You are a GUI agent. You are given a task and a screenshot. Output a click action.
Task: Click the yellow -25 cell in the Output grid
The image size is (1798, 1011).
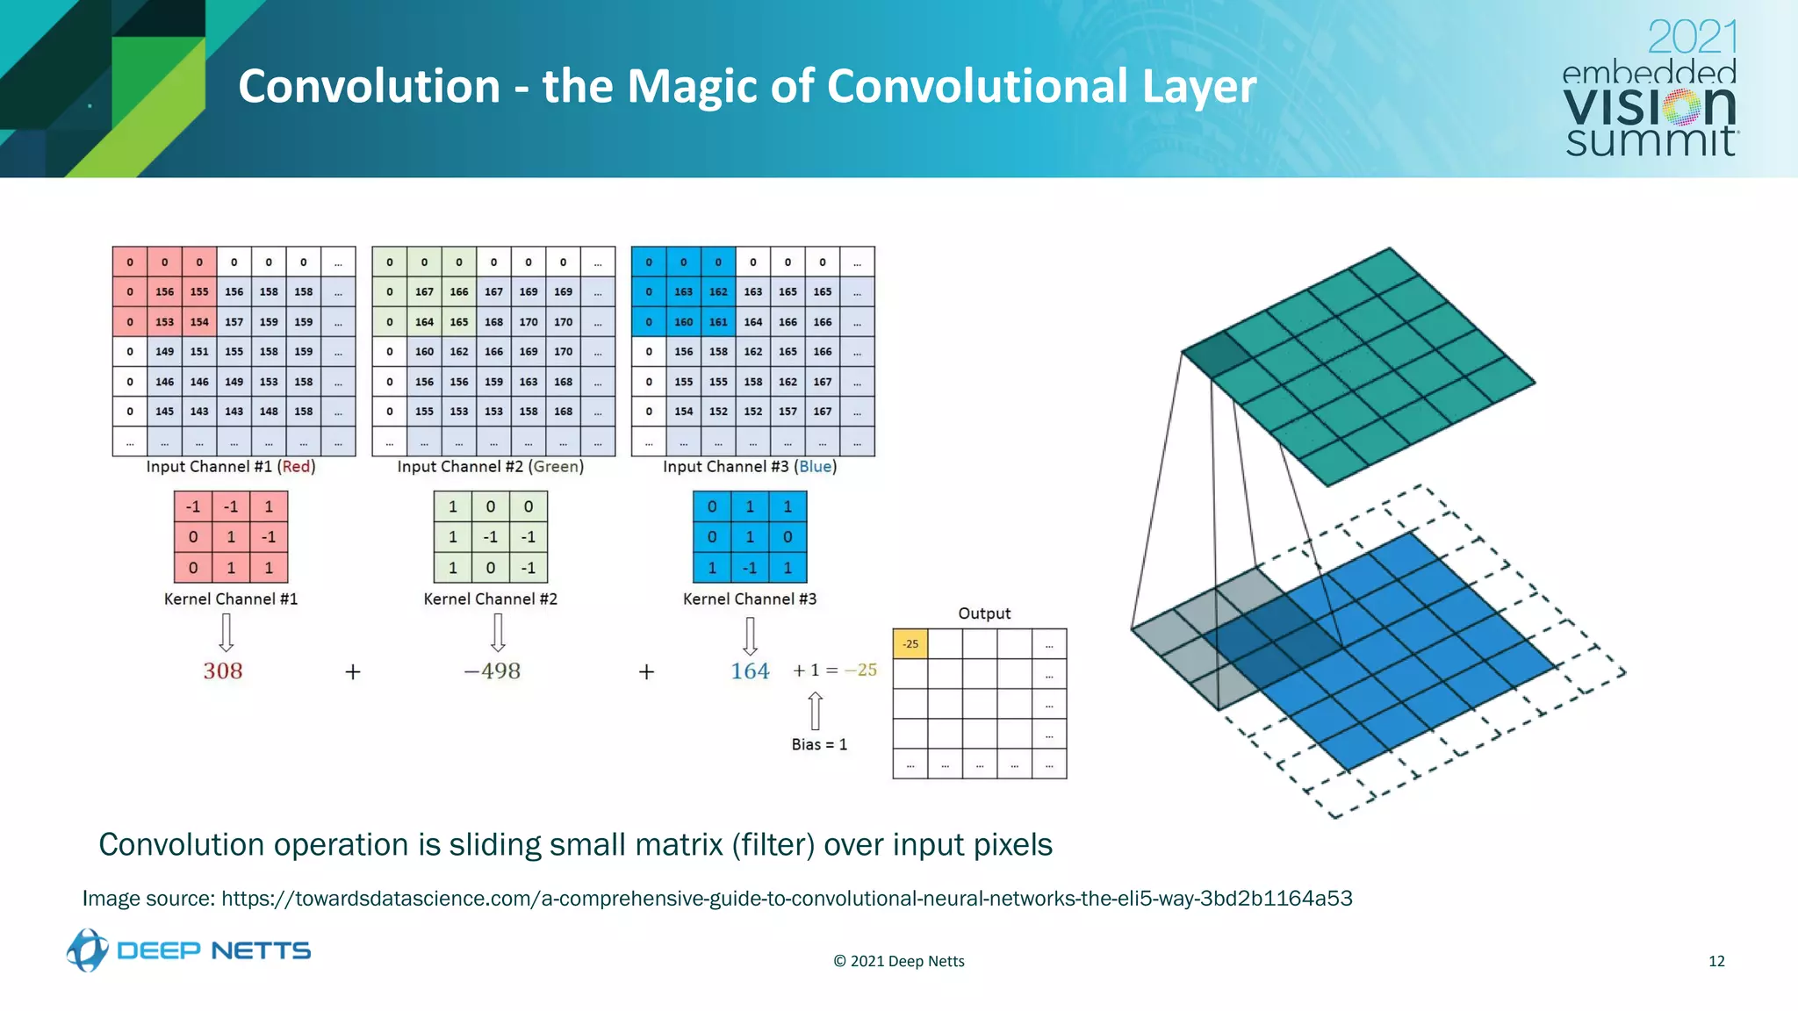[x=910, y=644]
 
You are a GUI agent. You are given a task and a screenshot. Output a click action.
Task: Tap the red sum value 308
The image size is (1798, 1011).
[x=223, y=671]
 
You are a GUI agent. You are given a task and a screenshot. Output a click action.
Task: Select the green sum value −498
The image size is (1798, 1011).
[x=493, y=671]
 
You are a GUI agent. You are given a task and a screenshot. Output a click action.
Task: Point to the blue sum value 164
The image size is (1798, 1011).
[x=750, y=671]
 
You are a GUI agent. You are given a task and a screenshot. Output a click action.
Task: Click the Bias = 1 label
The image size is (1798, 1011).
[x=819, y=744]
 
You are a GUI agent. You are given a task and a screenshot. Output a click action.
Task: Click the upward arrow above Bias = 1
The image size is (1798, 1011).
[x=816, y=710]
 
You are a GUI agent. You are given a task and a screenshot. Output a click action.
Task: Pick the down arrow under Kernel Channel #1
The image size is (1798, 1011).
[x=227, y=632]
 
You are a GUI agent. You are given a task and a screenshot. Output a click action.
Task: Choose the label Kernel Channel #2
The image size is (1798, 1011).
[x=490, y=599]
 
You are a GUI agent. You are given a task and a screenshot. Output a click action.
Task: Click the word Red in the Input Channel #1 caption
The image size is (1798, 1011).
[x=296, y=467]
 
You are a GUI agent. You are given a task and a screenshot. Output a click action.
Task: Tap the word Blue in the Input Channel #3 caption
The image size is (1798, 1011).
[x=816, y=467]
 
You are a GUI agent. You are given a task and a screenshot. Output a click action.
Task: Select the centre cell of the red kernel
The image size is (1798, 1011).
[x=231, y=537]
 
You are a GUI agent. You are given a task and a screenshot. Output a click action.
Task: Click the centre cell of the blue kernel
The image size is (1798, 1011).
[x=750, y=537]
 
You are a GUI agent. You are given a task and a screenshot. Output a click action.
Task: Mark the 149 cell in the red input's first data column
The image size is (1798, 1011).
[x=164, y=352]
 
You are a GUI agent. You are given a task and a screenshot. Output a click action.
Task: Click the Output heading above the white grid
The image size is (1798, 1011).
[x=984, y=613]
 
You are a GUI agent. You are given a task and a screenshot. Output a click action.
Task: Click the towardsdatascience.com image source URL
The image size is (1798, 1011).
[x=787, y=899]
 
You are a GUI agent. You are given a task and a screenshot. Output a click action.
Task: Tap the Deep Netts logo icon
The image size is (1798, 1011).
[x=88, y=950]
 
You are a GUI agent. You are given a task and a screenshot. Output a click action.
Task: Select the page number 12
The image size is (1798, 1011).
[x=1716, y=961]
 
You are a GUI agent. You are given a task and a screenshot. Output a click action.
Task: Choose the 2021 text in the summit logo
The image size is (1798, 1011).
[x=1692, y=38]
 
